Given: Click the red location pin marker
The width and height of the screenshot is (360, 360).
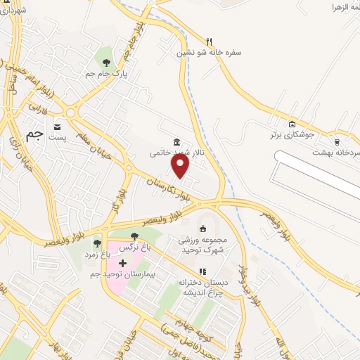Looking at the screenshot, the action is [x=181, y=166].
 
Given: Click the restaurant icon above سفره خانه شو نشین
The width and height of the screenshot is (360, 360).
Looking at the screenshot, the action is [x=209, y=41].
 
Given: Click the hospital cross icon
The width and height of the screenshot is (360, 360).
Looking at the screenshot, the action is [x=123, y=262].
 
